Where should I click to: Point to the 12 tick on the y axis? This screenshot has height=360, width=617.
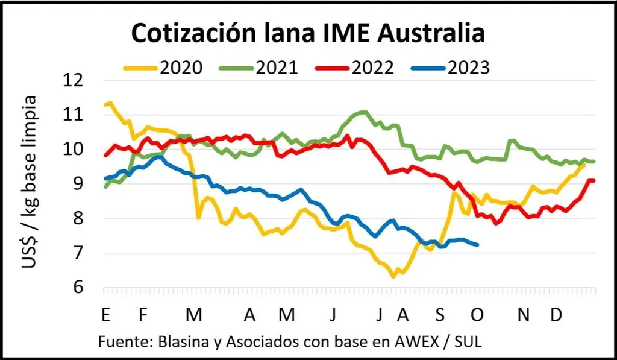(76, 80)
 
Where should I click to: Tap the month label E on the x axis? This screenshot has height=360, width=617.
(105, 315)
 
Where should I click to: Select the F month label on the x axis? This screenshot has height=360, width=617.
(143, 315)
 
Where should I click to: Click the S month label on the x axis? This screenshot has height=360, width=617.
(440, 315)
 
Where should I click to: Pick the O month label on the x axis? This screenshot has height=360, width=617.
(478, 315)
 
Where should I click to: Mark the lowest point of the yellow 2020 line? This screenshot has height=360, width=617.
(393, 277)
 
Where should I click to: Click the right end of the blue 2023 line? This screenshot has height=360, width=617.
(478, 244)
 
